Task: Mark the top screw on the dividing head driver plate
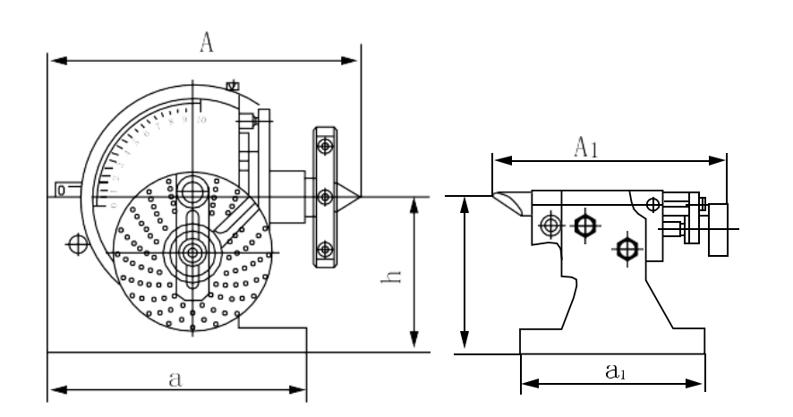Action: click(326, 145)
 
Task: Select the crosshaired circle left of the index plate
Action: click(78, 243)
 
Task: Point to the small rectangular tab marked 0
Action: click(62, 190)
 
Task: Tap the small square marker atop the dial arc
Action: click(233, 86)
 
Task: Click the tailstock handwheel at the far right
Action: click(718, 229)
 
